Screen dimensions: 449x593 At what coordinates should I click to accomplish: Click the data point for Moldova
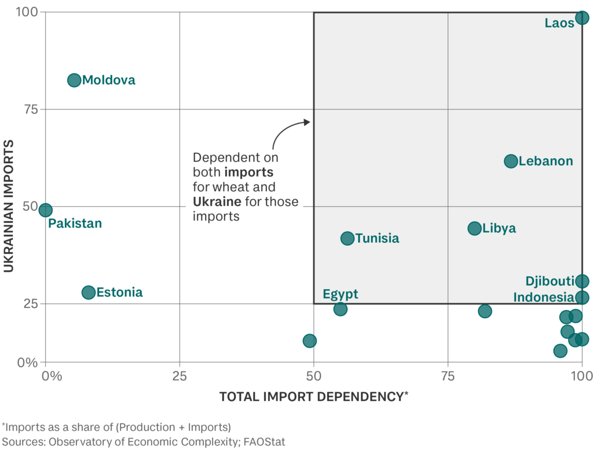coord(74,80)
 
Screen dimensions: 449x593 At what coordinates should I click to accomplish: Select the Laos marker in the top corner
coord(582,17)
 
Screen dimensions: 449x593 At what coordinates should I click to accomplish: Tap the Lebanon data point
coord(511,161)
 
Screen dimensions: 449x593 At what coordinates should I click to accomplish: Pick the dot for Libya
coord(474,228)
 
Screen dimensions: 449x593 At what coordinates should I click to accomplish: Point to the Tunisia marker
coord(347,238)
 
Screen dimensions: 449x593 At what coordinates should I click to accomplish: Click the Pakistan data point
coord(45,210)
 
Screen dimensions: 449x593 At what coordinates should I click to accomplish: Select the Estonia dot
coord(89,293)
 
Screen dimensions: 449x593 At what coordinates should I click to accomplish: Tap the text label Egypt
coord(341,294)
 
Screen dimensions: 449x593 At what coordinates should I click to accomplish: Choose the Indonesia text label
coord(543,298)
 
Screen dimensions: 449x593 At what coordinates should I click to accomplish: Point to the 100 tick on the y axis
coord(25,12)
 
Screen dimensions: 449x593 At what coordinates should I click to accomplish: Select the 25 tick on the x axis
coord(180,377)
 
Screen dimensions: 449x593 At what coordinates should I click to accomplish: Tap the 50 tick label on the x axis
coord(314,377)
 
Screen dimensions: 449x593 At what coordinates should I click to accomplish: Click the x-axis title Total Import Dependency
coord(313,397)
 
